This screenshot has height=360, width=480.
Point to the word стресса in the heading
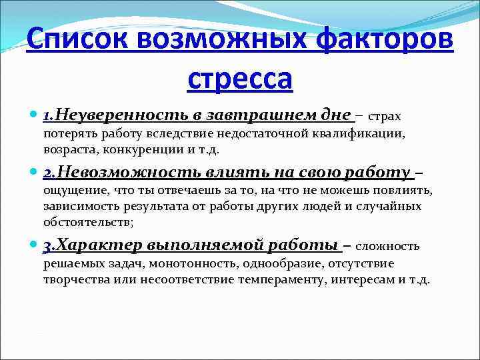(240, 79)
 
